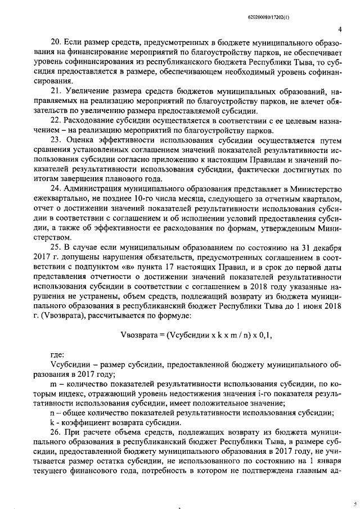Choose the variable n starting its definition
pyautogui.click(x=53, y=413)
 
